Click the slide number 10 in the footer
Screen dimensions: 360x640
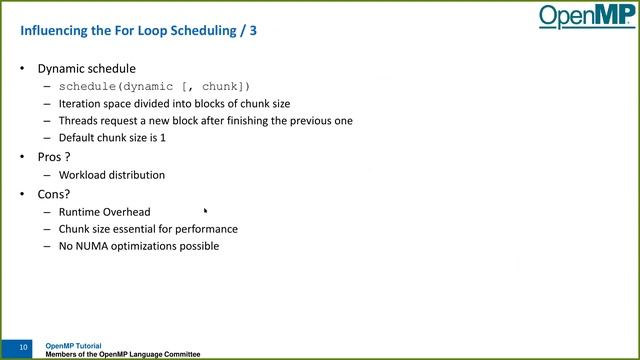click(22, 347)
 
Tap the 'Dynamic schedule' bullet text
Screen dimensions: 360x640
click(86, 69)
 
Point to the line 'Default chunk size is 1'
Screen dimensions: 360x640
click(112, 137)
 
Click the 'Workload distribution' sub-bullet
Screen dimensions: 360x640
click(112, 175)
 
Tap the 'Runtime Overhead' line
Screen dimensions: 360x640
click(104, 212)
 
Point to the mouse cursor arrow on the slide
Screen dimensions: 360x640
click(206, 211)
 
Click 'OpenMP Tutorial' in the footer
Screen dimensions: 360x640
click(73, 346)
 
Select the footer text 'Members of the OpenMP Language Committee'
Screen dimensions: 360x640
click(123, 355)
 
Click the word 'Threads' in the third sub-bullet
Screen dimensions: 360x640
click(79, 121)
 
